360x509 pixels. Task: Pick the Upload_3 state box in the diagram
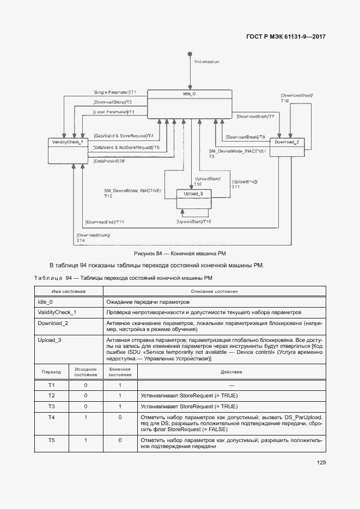[193, 199]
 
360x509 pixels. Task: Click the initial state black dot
[190, 53]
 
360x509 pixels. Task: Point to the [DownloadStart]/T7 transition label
[255, 116]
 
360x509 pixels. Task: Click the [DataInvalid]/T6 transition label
[109, 161]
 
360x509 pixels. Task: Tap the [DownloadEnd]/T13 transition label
[104, 222]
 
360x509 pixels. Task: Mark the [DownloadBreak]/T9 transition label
[245, 137]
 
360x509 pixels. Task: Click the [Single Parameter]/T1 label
[114, 92]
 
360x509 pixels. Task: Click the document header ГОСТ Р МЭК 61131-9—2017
[281, 37]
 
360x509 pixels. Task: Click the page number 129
[321, 463]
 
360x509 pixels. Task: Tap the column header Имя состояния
[69, 291]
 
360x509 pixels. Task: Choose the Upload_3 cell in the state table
[50, 340]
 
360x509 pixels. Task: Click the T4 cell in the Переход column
[51, 417]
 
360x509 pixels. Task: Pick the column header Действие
[231, 372]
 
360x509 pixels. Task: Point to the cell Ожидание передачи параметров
[148, 302]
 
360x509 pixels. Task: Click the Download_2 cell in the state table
[53, 323]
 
